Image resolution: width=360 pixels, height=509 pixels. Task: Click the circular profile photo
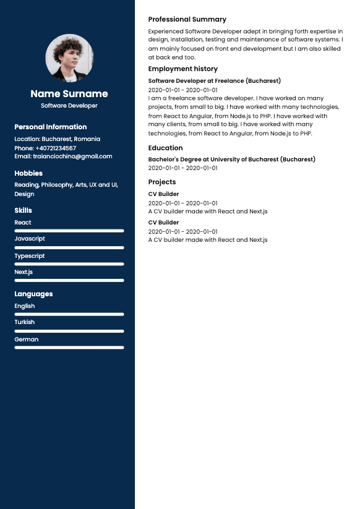[x=69, y=58]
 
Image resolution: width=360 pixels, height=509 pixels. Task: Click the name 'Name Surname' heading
[x=69, y=94]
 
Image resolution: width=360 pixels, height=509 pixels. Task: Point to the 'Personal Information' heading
[x=51, y=127]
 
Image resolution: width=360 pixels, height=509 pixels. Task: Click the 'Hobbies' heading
[x=28, y=173]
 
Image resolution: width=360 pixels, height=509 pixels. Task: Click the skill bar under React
[x=69, y=231]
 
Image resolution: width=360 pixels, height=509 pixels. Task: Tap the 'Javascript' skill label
[x=30, y=239]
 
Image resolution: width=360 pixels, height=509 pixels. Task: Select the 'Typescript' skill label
[x=30, y=255]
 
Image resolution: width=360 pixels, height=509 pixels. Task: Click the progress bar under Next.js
[x=69, y=280]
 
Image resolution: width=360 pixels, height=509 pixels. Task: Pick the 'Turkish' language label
[x=25, y=322]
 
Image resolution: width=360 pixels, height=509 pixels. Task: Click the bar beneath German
[x=69, y=348]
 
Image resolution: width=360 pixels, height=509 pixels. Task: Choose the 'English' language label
[x=25, y=306]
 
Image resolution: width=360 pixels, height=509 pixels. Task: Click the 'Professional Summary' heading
[x=187, y=19]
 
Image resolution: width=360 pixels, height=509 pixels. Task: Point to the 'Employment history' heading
[x=183, y=69]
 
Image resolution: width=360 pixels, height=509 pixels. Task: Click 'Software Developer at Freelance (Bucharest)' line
[x=215, y=81]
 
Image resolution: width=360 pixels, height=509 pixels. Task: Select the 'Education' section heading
[x=166, y=148]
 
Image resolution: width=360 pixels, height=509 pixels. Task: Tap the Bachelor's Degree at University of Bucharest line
[x=232, y=160]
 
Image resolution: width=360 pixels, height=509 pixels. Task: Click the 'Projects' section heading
[x=162, y=182]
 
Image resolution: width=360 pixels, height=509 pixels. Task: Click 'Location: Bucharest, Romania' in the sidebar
[x=57, y=139]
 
